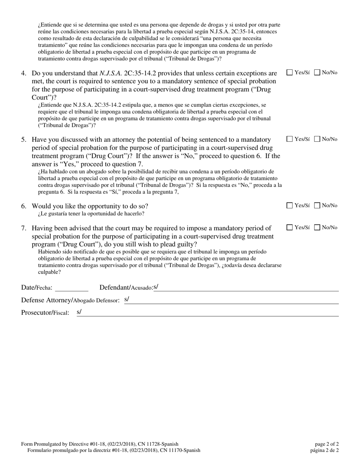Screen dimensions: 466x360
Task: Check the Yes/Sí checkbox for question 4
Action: coord(290,72)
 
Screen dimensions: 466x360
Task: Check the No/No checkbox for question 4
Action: coord(318,72)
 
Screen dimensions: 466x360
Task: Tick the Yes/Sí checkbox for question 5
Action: coord(290,139)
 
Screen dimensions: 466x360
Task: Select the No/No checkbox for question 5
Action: coord(318,139)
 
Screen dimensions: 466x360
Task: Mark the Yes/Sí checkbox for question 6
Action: coord(290,206)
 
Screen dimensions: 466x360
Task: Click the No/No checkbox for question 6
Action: coord(318,206)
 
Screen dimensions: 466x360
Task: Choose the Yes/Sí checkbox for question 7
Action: coord(290,228)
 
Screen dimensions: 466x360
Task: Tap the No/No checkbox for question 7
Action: coord(318,228)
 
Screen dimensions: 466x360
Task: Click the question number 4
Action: coord(23,73)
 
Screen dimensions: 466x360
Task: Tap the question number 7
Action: coord(23,228)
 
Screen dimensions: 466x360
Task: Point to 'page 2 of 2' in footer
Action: coord(327,444)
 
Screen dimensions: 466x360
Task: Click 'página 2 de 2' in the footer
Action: coord(324,450)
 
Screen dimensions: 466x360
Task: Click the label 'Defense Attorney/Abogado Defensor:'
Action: coord(70,300)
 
